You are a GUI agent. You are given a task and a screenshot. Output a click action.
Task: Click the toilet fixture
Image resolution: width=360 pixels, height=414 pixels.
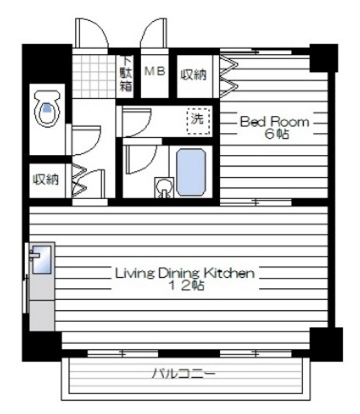coord(47,108)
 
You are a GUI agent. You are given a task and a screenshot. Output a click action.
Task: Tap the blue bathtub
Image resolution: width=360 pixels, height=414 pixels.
coord(191,172)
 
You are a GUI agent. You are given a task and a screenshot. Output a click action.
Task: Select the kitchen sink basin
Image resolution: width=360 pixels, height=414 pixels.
coord(42,259)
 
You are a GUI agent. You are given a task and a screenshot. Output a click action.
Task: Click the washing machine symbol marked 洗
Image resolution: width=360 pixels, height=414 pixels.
coord(199,121)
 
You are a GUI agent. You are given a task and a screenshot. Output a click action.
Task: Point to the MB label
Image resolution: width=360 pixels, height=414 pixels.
coord(155,71)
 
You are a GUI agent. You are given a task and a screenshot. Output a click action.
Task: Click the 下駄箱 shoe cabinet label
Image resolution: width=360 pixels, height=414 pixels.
coord(126,74)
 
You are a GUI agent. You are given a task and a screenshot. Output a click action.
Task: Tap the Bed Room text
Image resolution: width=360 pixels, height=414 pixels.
coord(274,122)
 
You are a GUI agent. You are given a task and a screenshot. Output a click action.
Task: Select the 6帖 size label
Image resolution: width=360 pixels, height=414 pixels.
coord(277,134)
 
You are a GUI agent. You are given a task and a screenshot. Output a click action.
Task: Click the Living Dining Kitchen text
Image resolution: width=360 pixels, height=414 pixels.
coord(185,273)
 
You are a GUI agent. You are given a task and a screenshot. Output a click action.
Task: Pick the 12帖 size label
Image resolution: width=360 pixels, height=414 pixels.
coord(186,286)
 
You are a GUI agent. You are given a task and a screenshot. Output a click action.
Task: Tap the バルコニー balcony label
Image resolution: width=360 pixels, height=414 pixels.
coord(184,373)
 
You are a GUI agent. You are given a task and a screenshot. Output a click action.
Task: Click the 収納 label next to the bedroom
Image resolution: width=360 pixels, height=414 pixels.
coord(193,74)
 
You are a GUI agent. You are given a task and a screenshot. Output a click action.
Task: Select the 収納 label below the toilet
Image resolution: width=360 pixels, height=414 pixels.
coord(47,180)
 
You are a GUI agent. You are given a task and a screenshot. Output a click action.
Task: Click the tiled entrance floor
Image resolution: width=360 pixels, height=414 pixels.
coord(94,76)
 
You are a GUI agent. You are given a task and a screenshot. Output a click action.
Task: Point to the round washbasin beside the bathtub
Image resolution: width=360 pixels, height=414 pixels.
coord(165,187)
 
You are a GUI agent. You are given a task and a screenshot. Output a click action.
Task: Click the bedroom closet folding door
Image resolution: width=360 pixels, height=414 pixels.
coord(229,76)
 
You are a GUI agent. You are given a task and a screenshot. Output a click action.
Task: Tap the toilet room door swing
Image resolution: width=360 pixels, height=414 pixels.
coord(86,141)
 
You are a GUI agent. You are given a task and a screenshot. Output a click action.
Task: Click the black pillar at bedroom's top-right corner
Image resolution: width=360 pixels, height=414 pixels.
coord(323,58)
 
